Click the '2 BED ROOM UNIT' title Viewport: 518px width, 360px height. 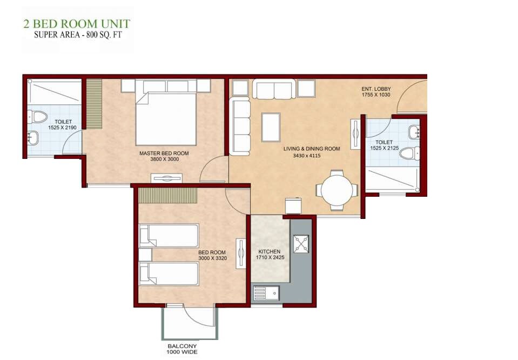pos(76,24)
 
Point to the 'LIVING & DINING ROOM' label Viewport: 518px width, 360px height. pos(312,149)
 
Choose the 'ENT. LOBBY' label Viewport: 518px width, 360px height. pos(376,89)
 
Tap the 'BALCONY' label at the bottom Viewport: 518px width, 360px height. pos(182,346)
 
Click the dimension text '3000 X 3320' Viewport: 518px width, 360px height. pos(212,258)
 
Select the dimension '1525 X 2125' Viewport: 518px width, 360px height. pos(384,148)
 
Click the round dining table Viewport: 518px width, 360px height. pos(337,190)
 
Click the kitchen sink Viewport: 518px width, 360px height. pos(266,294)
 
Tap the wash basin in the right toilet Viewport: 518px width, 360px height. pos(414,132)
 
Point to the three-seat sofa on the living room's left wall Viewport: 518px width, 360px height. pos(240,126)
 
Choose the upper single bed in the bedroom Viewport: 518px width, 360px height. pos(169,236)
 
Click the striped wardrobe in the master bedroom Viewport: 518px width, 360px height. pos(94,104)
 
